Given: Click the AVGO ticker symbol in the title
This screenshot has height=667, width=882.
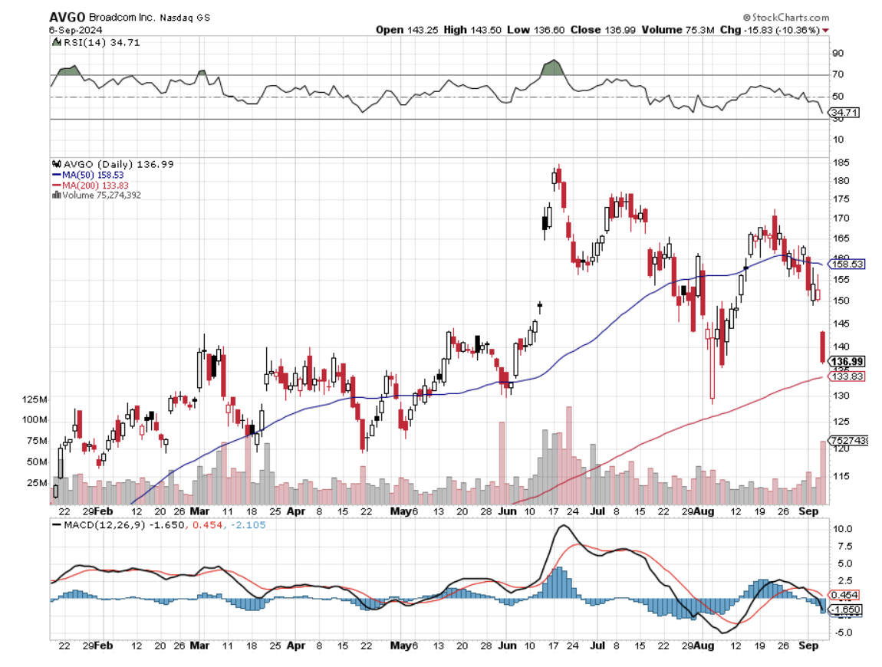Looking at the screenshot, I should [64, 17].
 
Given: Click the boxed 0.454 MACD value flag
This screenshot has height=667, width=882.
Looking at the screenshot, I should [847, 595].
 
